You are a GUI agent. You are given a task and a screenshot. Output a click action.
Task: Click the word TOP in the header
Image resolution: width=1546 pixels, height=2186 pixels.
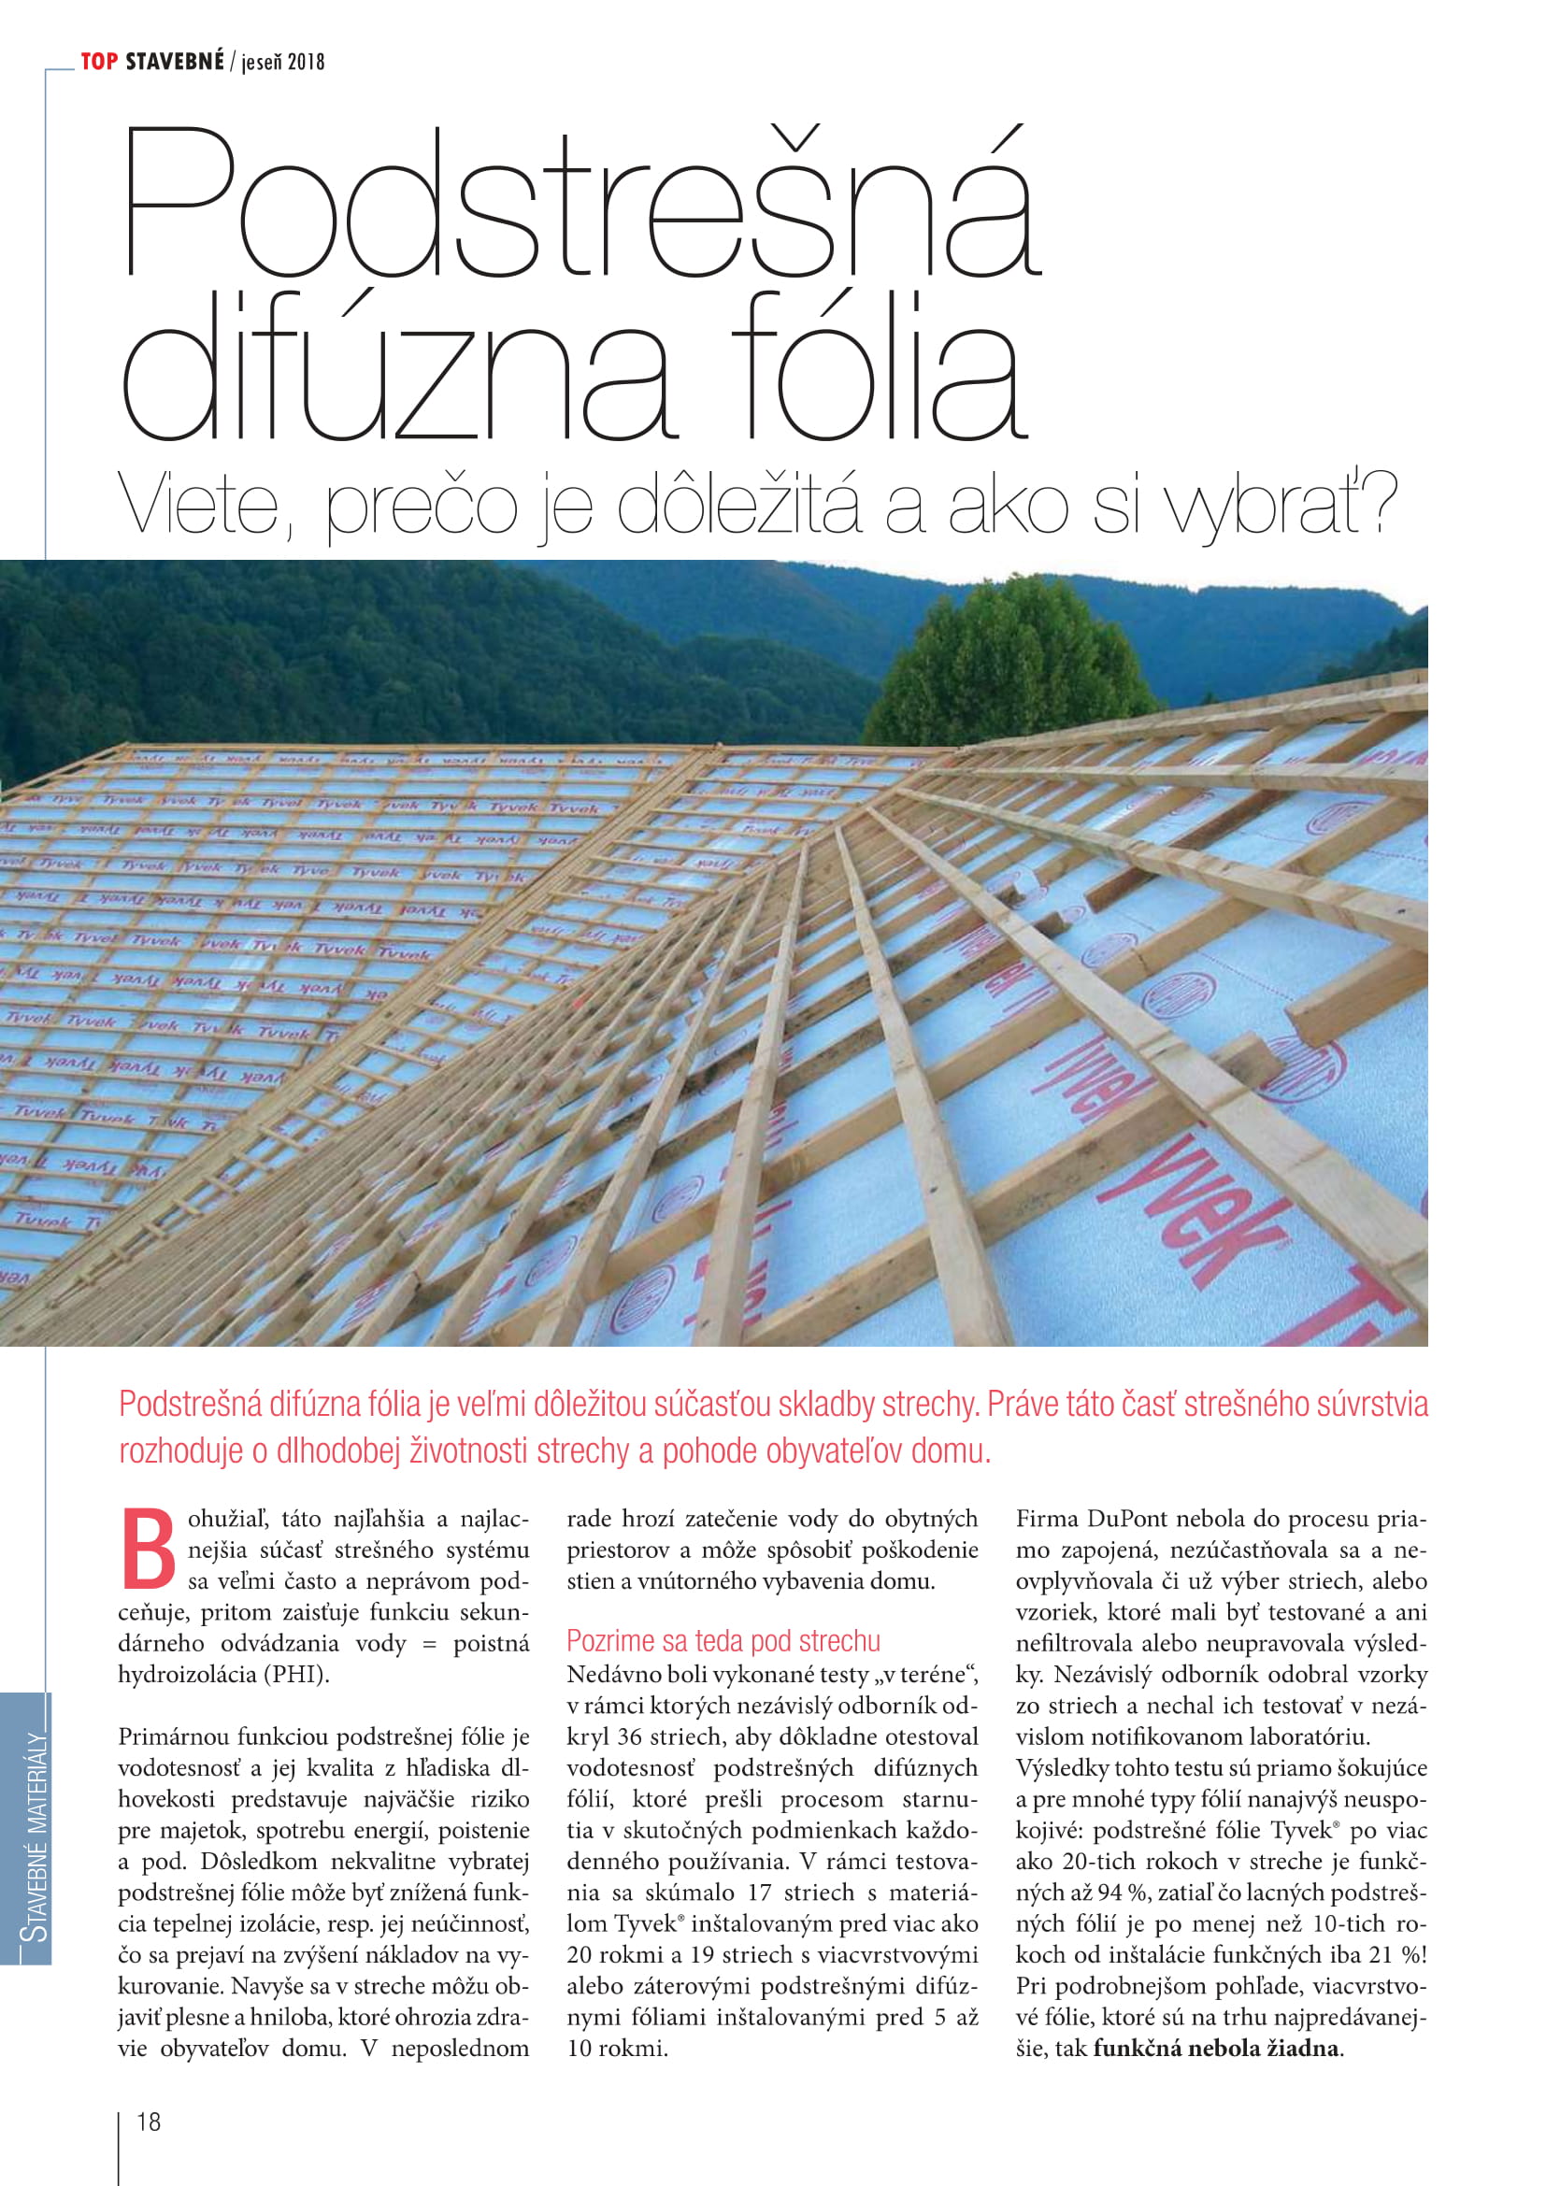[x=99, y=62]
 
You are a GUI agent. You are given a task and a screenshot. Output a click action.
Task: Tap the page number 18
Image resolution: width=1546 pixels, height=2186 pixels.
[x=150, y=2122]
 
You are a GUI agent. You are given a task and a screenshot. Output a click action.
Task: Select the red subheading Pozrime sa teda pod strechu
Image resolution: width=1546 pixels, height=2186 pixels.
[x=723, y=1640]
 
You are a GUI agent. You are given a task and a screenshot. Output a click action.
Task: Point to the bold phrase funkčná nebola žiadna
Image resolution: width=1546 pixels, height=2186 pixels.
[x=1216, y=2047]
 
